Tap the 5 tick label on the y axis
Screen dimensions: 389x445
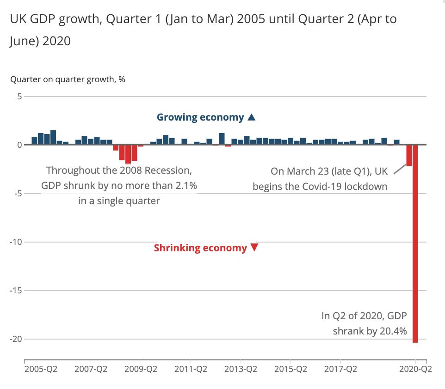pos(20,97)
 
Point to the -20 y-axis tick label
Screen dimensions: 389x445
pos(17,339)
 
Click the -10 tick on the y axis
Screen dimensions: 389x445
pos(17,242)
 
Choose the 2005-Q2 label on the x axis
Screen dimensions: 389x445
pos(41,370)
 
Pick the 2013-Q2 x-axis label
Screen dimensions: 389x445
pos(240,370)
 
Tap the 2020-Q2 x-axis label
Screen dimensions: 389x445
pos(415,370)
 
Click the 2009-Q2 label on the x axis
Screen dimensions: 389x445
pos(141,370)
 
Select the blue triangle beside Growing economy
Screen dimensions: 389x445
pos(251,117)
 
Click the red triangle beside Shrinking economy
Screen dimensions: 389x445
pos(254,248)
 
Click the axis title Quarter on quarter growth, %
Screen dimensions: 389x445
pos(68,79)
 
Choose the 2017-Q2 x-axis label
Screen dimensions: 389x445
pos(340,370)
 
